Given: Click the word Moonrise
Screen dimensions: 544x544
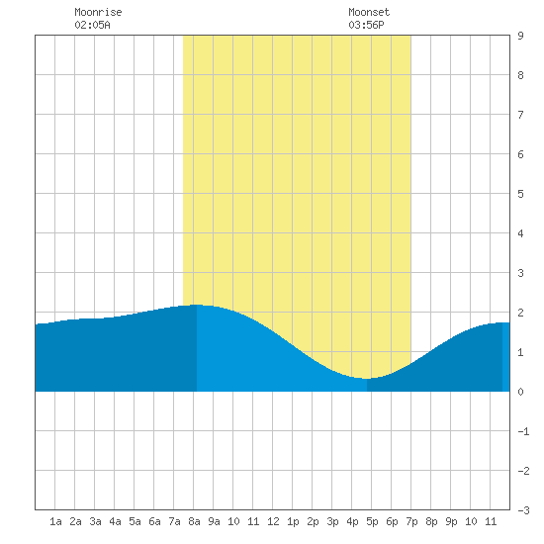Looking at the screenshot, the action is tap(98, 12).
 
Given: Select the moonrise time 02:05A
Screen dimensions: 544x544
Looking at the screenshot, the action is tap(92, 25).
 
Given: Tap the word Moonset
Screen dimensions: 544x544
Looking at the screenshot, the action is tap(369, 12).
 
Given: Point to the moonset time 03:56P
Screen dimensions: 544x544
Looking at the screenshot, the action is tap(366, 25).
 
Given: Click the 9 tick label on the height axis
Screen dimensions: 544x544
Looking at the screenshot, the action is tap(520, 36).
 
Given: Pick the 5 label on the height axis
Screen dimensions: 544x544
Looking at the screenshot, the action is tap(520, 194).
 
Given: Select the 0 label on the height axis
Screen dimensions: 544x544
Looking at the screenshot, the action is tap(520, 392).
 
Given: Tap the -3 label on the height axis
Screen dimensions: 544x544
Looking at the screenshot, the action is tap(523, 510).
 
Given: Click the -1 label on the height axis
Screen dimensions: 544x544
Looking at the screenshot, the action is tap(523, 431).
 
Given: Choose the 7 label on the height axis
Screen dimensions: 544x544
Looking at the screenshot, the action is tap(520, 115).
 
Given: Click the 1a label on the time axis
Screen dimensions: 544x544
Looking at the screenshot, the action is tap(55, 521).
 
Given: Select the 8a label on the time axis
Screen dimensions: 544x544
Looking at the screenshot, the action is tap(194, 521).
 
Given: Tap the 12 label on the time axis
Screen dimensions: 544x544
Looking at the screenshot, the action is tap(273, 521).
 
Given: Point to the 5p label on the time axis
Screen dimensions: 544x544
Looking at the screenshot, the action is tap(372, 521).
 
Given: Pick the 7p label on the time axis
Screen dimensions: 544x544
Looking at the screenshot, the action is tap(411, 521).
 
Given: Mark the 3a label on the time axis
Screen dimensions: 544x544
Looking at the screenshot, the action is tap(95, 521).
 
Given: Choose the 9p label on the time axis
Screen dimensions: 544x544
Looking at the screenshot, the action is tap(451, 521).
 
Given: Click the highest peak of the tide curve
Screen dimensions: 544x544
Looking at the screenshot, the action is tap(197, 305).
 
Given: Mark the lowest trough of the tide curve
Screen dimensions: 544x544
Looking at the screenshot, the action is tap(367, 379).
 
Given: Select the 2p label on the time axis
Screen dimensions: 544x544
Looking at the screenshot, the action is tap(313, 521).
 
